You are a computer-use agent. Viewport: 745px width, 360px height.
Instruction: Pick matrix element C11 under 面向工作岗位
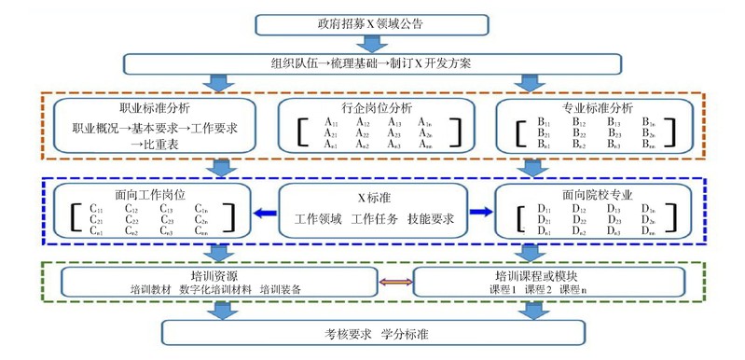(96, 208)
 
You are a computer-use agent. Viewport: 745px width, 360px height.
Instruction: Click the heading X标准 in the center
(374, 198)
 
